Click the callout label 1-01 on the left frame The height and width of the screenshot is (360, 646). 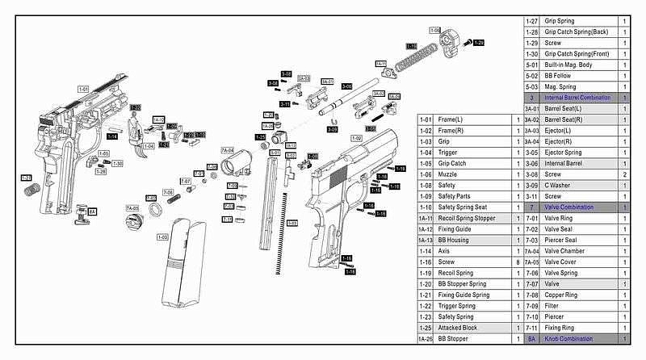(84, 88)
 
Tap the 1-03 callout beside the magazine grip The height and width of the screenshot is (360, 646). (161, 237)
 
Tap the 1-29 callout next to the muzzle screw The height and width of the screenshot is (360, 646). (478, 42)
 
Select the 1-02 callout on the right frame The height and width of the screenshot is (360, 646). (355, 138)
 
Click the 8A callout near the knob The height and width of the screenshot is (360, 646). (92, 211)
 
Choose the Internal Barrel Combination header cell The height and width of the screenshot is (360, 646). (580, 98)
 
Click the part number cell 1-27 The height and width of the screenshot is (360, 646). (531, 21)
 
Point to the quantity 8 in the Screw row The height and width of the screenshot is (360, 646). (518, 262)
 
